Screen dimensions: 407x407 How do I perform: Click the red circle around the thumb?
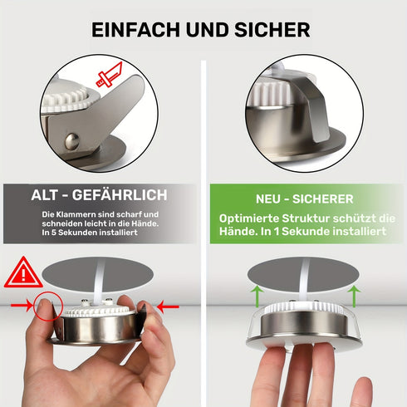48,306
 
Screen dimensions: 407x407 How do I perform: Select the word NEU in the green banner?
271,199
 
